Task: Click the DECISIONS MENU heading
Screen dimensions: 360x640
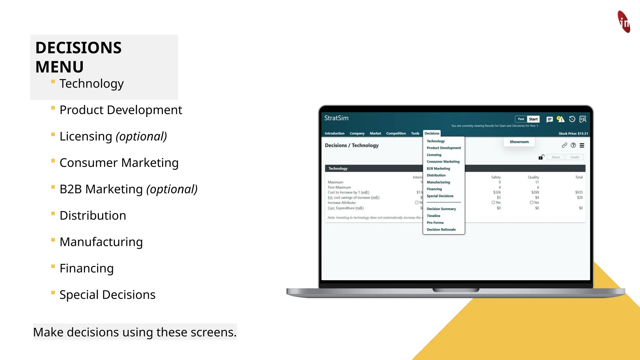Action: [78, 57]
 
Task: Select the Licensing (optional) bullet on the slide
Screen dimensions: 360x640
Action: [113, 137]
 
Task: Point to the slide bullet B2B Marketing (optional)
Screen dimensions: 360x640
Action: [128, 189]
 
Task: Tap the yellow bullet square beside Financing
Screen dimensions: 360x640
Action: [53, 267]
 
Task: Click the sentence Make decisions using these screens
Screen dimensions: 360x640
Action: [135, 332]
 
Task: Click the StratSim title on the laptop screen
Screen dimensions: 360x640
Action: [336, 118]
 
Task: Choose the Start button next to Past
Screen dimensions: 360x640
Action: [533, 119]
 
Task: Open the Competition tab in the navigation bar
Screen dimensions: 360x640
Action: [396, 133]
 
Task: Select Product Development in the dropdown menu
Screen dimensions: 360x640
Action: [444, 148]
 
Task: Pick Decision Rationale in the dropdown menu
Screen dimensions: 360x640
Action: [441, 230]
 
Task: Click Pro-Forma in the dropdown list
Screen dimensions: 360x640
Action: [435, 223]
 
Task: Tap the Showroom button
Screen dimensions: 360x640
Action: [519, 142]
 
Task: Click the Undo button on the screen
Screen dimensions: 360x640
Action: [574, 157]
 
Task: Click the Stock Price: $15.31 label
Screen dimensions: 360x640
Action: [573, 133]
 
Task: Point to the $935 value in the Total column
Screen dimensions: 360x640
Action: [579, 192]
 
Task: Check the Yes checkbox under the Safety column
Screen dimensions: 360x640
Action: [493, 203]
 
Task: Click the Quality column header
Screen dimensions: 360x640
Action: [533, 177]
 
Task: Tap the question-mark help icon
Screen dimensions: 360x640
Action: [573, 145]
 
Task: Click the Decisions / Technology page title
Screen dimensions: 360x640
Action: [352, 145]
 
